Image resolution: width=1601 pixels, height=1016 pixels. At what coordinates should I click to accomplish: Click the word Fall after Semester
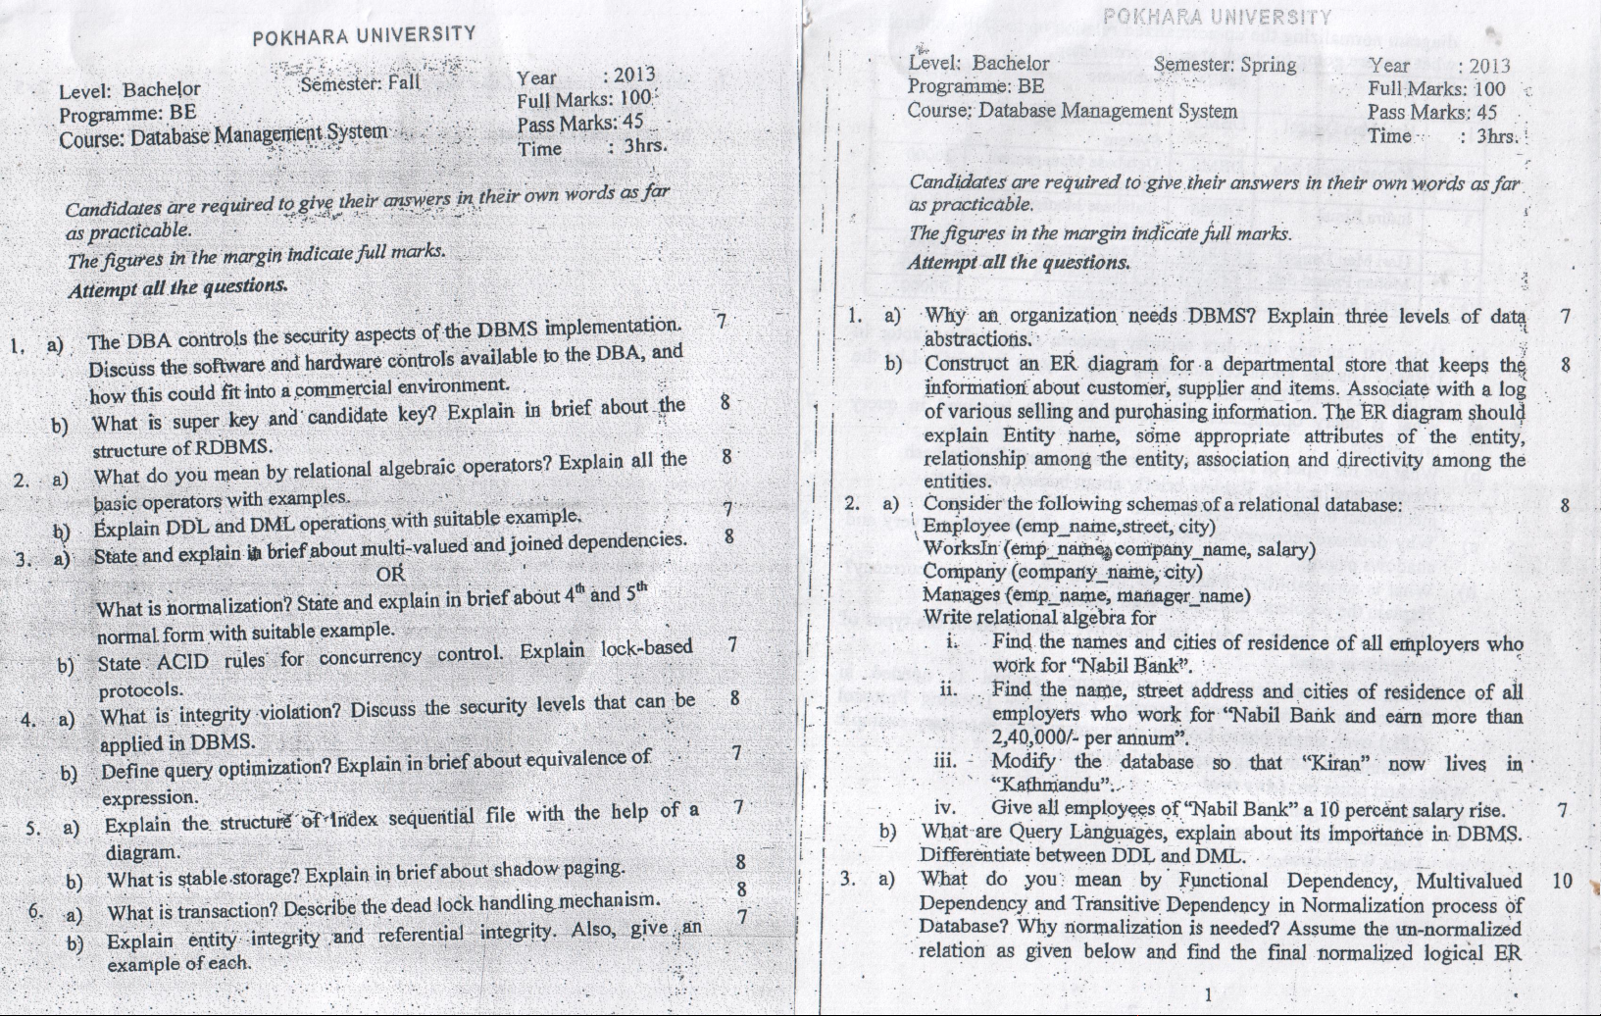pyautogui.click(x=404, y=82)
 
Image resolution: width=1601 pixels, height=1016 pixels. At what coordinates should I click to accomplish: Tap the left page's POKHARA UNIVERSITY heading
pyautogui.click(x=364, y=35)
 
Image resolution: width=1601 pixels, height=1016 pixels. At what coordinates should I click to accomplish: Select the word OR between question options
pyautogui.click(x=390, y=574)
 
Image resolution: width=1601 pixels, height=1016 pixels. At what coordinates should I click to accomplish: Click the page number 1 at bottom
pyautogui.click(x=1208, y=994)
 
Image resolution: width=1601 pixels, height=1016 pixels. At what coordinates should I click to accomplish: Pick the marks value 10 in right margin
pyautogui.click(x=1563, y=881)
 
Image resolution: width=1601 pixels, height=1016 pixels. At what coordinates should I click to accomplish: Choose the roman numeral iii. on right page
pyautogui.click(x=945, y=761)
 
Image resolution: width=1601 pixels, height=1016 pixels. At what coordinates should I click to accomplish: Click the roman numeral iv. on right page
pyautogui.click(x=945, y=808)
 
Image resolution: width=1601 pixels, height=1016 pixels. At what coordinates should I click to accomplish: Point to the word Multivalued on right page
pyautogui.click(x=1469, y=881)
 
